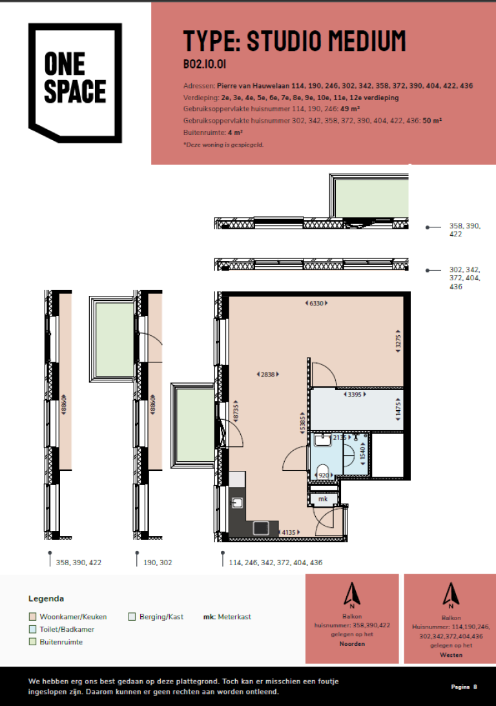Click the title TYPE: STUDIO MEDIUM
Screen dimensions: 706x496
294,41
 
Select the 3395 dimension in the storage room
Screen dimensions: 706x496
354,394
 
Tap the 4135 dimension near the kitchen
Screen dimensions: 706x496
288,532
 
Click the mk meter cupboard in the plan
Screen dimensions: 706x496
323,499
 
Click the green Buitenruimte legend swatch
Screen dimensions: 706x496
33,642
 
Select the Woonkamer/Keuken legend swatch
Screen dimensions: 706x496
33,617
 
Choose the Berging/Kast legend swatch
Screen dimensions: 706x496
132,617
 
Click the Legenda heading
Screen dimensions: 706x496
46,599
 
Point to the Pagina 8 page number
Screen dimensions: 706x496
463,687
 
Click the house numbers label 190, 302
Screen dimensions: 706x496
158,563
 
